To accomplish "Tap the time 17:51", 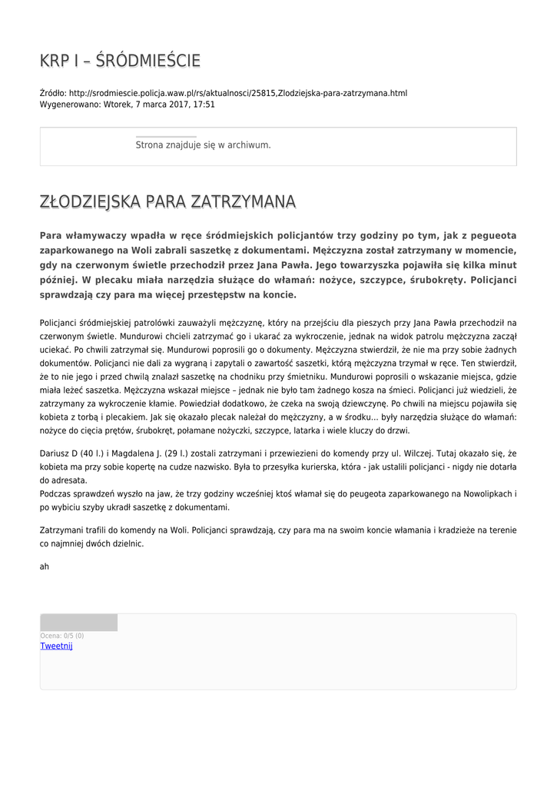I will [x=204, y=104].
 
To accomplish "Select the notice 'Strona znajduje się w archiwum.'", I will [x=203, y=144].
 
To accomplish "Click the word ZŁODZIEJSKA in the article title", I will [x=90, y=202].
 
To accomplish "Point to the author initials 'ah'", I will [x=45, y=566].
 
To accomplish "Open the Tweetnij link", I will [x=56, y=646].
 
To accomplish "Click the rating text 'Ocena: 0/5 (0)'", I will [x=62, y=636].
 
